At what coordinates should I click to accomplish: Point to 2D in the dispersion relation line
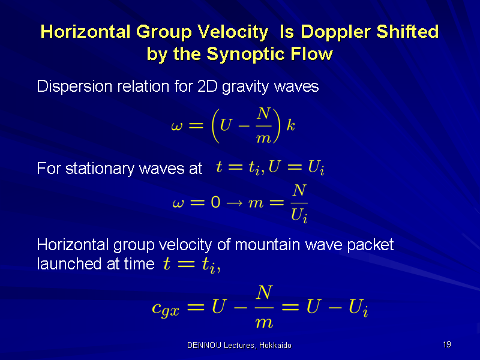pos(207,86)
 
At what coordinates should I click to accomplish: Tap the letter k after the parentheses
pos(290,125)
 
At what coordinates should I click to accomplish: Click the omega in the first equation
pos(177,126)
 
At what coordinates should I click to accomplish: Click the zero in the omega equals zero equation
pos(215,202)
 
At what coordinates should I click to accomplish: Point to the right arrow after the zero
pos(234,203)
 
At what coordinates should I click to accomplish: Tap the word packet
pos(370,245)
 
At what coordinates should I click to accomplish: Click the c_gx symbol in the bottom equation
pos(166,308)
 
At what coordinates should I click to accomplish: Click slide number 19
pos(447,344)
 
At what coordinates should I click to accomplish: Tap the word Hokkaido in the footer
pos(275,346)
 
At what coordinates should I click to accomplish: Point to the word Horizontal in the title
pos(85,32)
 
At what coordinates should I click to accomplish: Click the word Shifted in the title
pos(407,32)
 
